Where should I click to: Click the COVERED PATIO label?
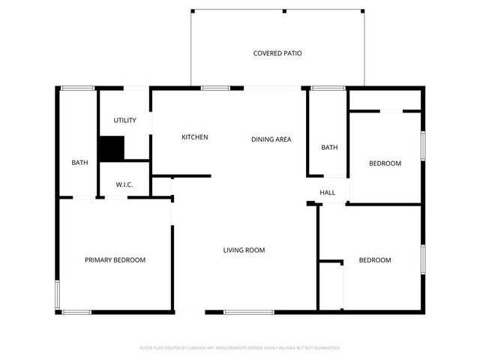point(277,53)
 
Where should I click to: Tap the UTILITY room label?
point(124,121)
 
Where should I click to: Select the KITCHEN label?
point(195,137)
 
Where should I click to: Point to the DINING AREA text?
point(271,139)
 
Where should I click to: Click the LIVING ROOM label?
point(244,250)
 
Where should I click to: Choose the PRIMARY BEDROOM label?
point(115,260)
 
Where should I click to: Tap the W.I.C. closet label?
point(124,184)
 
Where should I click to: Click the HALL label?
point(328,193)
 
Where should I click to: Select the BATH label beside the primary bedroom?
point(80,163)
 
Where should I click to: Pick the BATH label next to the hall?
point(329,148)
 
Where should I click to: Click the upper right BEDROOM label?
point(385,163)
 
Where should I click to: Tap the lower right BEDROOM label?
point(375,260)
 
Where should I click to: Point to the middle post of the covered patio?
point(284,10)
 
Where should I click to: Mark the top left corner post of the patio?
point(192,10)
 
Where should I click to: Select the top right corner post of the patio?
point(363,10)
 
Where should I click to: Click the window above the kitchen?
point(215,88)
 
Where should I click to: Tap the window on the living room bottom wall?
point(249,312)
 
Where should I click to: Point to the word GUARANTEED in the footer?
point(325,348)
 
